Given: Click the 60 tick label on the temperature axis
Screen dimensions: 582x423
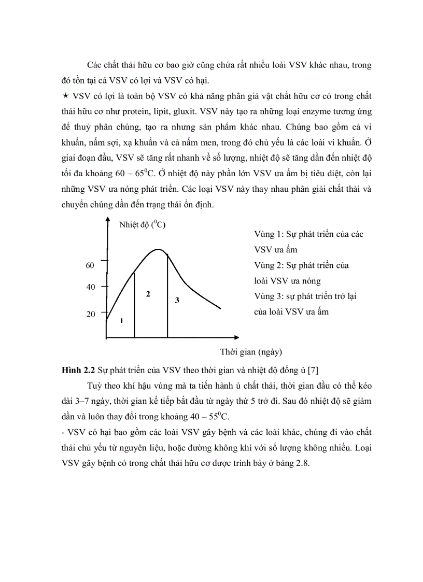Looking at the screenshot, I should point(90,265).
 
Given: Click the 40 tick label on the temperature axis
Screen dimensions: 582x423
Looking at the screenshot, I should point(90,287).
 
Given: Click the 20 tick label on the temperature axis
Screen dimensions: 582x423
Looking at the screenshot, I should point(90,314).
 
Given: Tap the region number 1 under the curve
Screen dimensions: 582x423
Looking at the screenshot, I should point(121,321).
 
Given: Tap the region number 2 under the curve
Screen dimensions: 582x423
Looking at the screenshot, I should point(148,294).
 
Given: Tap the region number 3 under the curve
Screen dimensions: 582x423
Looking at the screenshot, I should point(177,300).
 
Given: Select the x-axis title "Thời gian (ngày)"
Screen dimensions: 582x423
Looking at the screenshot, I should point(251,352).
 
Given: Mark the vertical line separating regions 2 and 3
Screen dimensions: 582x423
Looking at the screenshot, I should point(167,295).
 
